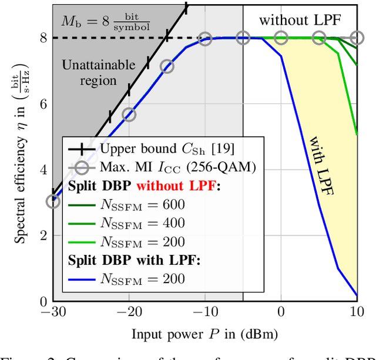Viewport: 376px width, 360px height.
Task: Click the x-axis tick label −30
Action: point(52,312)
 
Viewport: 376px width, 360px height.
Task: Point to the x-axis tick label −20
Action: point(128,312)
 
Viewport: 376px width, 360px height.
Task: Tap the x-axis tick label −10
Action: point(204,312)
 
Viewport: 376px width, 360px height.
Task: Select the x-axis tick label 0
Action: point(281,312)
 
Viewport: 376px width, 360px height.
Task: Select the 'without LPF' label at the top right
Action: point(300,19)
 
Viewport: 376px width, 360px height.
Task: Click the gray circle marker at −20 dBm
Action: point(129,114)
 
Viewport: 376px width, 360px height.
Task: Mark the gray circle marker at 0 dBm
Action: point(281,38)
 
